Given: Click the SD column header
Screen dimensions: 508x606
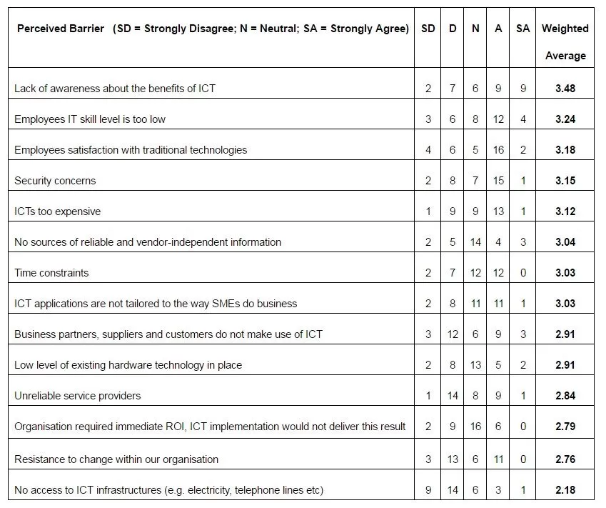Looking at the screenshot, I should click(x=428, y=29).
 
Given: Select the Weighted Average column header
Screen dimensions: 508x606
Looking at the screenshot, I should click(x=565, y=41).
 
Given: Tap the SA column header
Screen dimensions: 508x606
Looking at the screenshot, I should click(x=523, y=29).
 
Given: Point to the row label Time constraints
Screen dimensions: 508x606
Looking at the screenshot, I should click(x=51, y=273).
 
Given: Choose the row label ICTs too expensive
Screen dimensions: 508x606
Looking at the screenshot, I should click(x=57, y=211).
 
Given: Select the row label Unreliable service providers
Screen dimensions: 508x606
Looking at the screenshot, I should click(x=77, y=396).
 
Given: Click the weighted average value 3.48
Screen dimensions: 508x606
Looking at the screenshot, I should click(x=565, y=89).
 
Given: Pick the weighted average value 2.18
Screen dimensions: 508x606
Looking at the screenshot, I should click(x=565, y=490).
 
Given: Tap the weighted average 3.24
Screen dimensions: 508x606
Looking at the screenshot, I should click(x=565, y=119).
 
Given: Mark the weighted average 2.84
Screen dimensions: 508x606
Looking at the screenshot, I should click(x=565, y=396).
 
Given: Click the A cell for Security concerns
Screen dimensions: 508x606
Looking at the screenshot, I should click(x=498, y=181).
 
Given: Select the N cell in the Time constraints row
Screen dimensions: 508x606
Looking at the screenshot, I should click(x=475, y=273).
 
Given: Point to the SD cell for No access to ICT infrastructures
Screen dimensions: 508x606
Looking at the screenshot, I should click(x=428, y=490).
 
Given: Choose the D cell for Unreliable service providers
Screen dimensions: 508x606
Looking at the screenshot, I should click(x=453, y=396).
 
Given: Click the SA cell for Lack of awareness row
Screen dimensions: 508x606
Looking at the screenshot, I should click(x=523, y=89).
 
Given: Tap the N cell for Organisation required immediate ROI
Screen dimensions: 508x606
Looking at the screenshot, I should click(x=475, y=427).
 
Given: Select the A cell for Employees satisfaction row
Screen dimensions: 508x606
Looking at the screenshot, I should click(x=498, y=150).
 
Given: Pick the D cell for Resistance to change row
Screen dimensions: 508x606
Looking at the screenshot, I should click(x=453, y=459).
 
